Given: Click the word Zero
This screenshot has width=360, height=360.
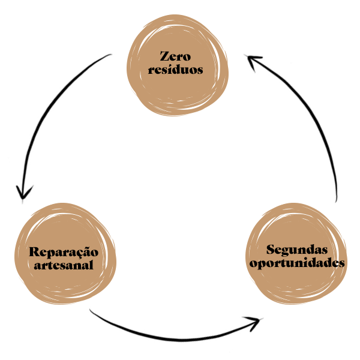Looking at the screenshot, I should [175, 57].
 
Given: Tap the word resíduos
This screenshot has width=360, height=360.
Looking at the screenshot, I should [175, 70].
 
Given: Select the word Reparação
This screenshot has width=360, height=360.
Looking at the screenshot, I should [63, 252].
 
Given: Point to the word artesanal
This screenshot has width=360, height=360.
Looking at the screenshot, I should [64, 265].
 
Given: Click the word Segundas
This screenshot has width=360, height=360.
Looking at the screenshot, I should [297, 249].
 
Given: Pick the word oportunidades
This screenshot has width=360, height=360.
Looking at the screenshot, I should [297, 263].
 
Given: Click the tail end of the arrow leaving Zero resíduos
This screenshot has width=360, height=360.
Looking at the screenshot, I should [111, 56].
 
